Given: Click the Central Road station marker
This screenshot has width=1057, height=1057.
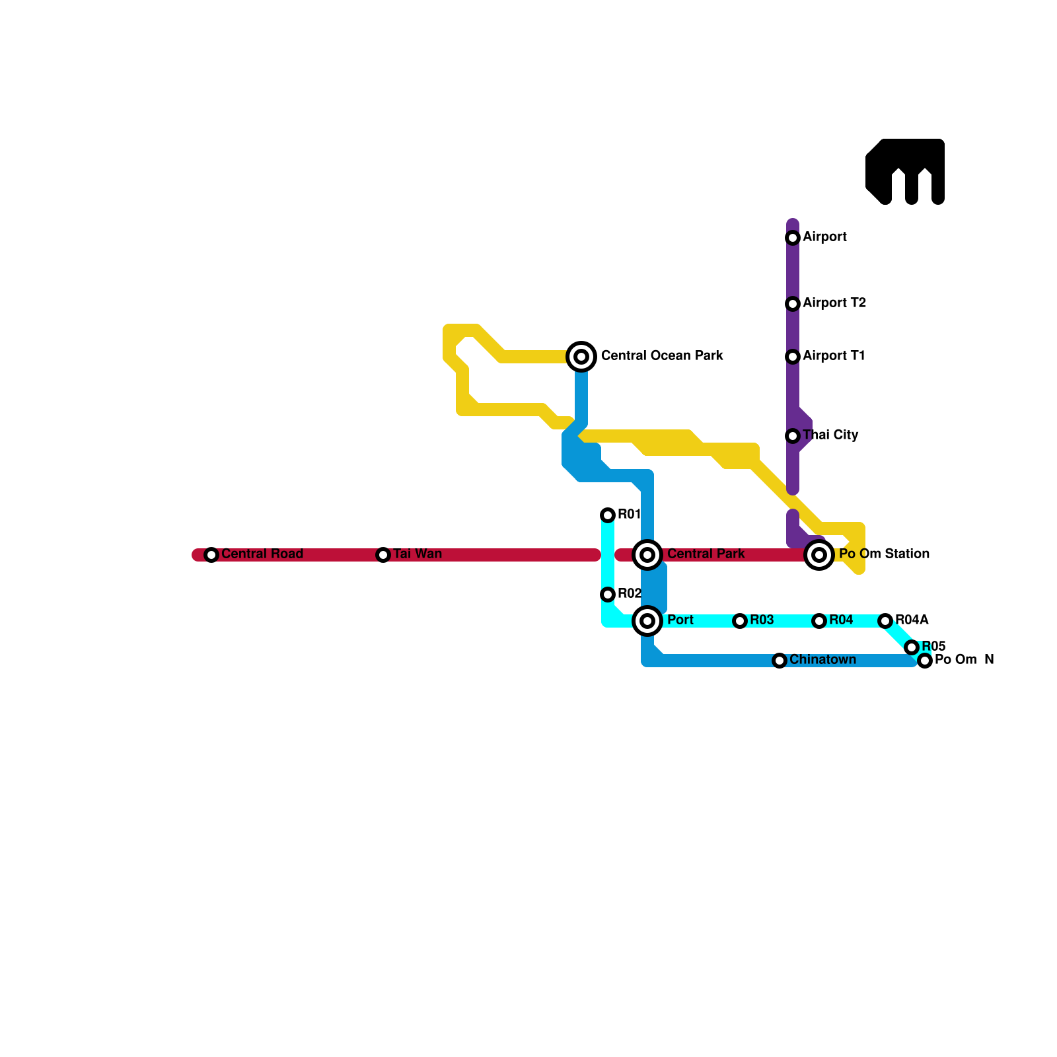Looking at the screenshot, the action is tap(211, 555).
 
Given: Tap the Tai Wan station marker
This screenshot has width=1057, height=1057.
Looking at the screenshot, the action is tap(383, 555).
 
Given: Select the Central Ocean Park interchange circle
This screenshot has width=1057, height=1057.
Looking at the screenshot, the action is tap(581, 357).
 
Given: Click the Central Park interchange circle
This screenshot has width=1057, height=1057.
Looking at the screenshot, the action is tap(647, 555).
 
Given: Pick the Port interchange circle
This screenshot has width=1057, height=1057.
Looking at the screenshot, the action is tap(647, 621).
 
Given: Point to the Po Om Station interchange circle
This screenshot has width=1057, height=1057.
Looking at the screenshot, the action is tap(819, 555).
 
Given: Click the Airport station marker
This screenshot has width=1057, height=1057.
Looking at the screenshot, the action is tap(793, 238).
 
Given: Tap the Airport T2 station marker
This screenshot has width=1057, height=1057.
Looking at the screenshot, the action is tap(793, 304).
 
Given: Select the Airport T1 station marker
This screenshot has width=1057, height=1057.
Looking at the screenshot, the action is tap(793, 357).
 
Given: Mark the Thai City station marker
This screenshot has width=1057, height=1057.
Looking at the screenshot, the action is tap(793, 436).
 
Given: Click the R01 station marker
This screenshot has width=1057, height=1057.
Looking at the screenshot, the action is tap(608, 515).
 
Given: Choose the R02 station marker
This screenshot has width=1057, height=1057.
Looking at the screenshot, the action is tap(608, 595).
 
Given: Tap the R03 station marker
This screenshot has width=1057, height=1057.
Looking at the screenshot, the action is tap(740, 621).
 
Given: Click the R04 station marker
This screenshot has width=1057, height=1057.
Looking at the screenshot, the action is tap(819, 621).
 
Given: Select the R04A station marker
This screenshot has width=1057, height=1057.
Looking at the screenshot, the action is tap(885, 621).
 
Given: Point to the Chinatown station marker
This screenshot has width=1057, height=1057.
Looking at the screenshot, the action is tap(780, 661).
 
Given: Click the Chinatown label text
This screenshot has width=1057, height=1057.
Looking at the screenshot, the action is tap(822, 660).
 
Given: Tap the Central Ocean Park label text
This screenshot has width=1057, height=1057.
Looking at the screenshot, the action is tap(662, 356).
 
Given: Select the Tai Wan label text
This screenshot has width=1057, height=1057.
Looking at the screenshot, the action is tap(418, 554).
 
